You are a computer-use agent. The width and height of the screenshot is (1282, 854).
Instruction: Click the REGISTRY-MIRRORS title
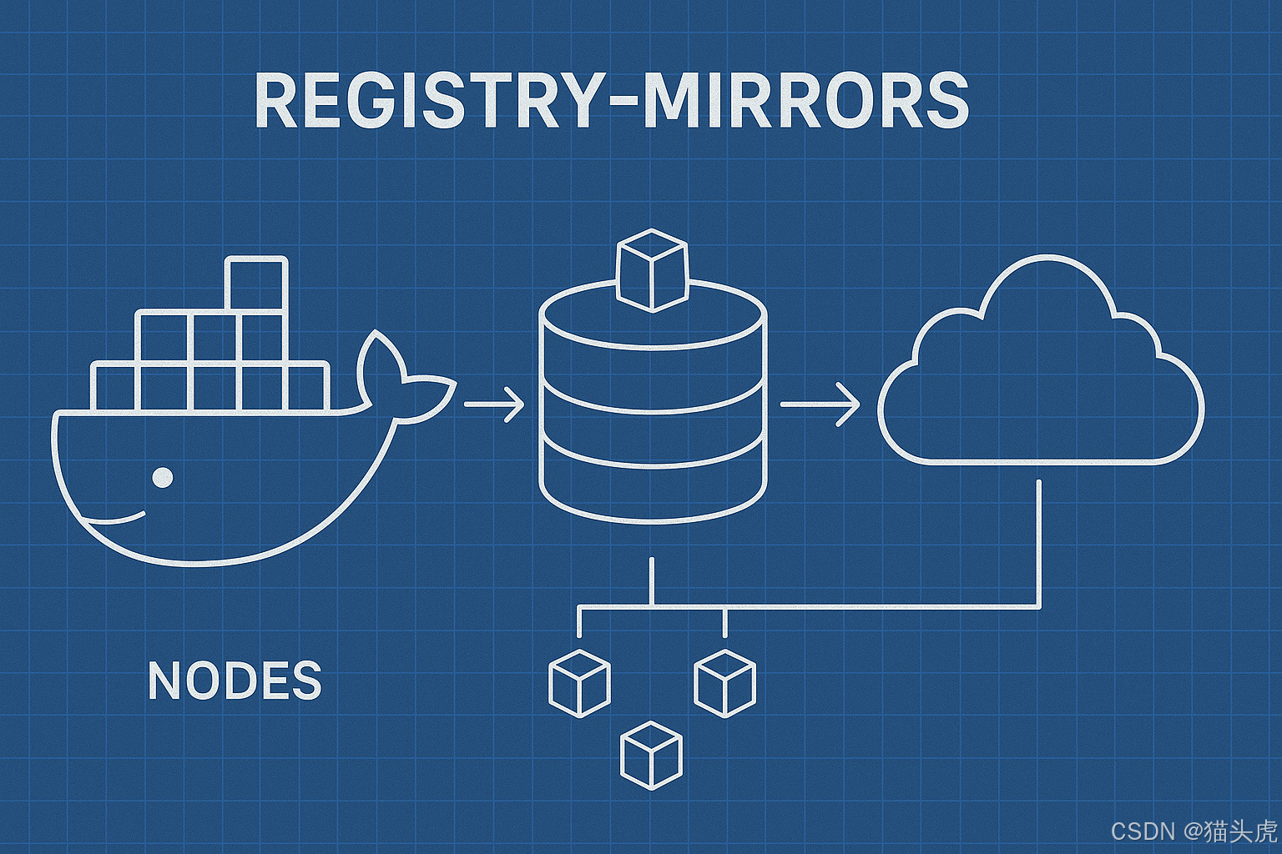pyautogui.click(x=611, y=101)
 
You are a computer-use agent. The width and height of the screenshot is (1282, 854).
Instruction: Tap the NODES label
pyautogui.click(x=235, y=681)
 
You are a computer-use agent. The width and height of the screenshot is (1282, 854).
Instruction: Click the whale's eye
pyautogui.click(x=163, y=477)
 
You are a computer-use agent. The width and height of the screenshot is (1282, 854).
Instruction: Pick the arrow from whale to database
pyautogui.click(x=493, y=405)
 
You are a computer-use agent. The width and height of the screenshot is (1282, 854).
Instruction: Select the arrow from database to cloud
pyautogui.click(x=819, y=405)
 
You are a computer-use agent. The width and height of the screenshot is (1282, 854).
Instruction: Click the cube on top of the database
pyautogui.click(x=652, y=270)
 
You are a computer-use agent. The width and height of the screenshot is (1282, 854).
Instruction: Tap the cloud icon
pyautogui.click(x=1040, y=375)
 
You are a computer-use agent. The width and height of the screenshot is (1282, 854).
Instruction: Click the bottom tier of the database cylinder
pyautogui.click(x=652, y=488)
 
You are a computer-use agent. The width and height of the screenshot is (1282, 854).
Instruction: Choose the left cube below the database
pyautogui.click(x=579, y=683)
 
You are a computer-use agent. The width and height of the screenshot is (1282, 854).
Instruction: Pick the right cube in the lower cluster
pyautogui.click(x=724, y=683)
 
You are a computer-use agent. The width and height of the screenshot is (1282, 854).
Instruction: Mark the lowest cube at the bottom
pyautogui.click(x=652, y=755)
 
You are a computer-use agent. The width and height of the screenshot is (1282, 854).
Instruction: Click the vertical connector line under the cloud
pyautogui.click(x=1039, y=542)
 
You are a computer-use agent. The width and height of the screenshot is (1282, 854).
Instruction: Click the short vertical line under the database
pyautogui.click(x=652, y=580)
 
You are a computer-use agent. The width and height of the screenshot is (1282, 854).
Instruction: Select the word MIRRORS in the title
pyautogui.click(x=806, y=101)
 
